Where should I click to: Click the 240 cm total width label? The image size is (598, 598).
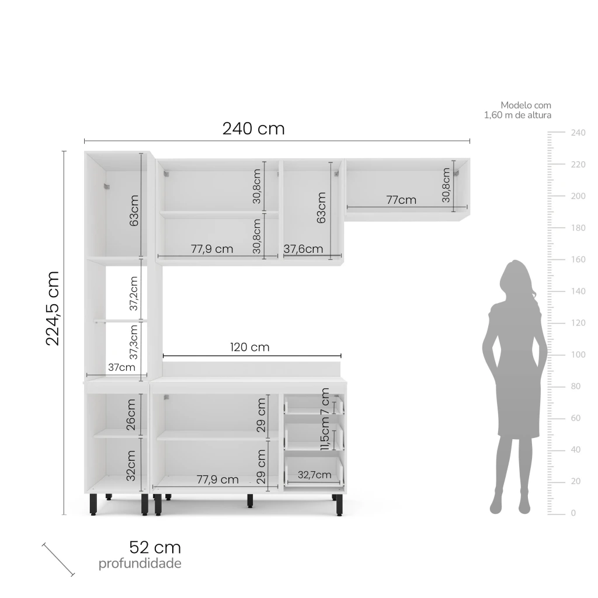pos(253,128)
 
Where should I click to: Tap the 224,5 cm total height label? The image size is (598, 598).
pos(53,308)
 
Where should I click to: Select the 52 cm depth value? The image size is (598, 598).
pos(155,548)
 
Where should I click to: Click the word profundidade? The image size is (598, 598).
pos(140,564)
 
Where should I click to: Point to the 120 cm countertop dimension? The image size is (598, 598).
pos(250,347)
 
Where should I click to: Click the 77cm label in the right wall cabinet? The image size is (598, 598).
pos(401,200)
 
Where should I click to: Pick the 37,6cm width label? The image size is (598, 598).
pos(303,249)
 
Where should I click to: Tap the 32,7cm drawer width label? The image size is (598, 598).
pos(314,475)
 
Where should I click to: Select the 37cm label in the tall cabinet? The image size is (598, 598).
pos(121,367)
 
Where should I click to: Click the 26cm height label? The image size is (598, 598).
pos(131,415)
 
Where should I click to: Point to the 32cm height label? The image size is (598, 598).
pos(131,465)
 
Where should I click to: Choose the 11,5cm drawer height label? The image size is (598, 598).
pos(325,434)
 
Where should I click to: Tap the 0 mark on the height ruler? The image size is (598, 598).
pos(573,513)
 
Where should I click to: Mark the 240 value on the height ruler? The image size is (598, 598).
pos(578,133)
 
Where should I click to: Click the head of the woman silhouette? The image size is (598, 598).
pos(515,276)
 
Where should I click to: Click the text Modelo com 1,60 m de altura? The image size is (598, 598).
pos(518,110)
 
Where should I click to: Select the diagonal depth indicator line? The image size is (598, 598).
pos(58,559)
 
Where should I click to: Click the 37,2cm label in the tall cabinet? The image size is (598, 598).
pos(134,293)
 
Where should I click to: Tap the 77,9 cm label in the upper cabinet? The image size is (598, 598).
pos(212,249)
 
